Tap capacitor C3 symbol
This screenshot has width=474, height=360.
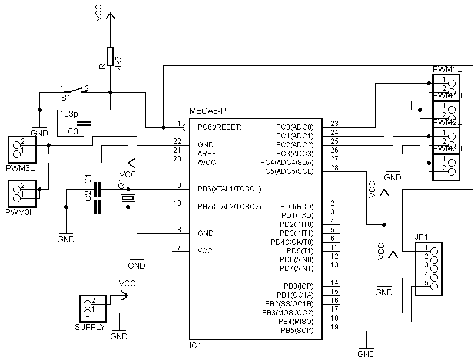[x=85, y=123]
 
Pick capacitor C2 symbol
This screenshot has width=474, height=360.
[x=98, y=206]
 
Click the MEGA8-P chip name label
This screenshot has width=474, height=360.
[x=208, y=111]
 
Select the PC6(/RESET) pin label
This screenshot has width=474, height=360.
[x=220, y=127]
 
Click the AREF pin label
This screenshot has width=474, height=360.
[x=207, y=153]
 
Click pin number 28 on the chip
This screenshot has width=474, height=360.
[x=334, y=169]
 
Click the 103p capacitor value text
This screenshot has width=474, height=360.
[x=68, y=113]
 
